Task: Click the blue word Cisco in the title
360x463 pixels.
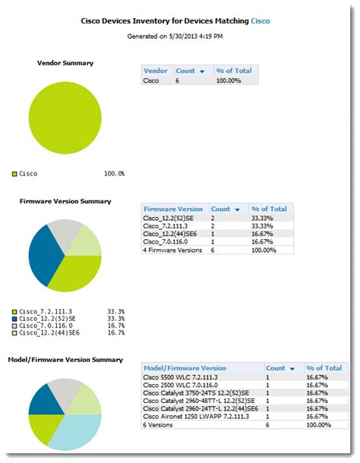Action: [x=261, y=22]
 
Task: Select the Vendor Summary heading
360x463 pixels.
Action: [x=65, y=62]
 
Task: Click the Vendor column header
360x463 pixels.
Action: [x=156, y=71]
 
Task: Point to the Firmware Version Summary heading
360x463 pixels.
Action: [x=65, y=201]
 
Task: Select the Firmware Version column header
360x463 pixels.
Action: [x=173, y=209]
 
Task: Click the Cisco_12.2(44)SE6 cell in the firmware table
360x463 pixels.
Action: [x=173, y=234]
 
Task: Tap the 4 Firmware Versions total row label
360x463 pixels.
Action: [x=173, y=250]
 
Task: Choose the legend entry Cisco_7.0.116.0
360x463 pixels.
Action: [x=46, y=326]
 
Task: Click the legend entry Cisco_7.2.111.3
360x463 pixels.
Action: [x=46, y=311]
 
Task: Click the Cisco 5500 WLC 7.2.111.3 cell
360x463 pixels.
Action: [x=185, y=376]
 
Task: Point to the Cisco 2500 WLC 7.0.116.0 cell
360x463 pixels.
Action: [x=185, y=385]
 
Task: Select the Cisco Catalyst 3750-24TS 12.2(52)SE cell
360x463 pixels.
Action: [x=199, y=392]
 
